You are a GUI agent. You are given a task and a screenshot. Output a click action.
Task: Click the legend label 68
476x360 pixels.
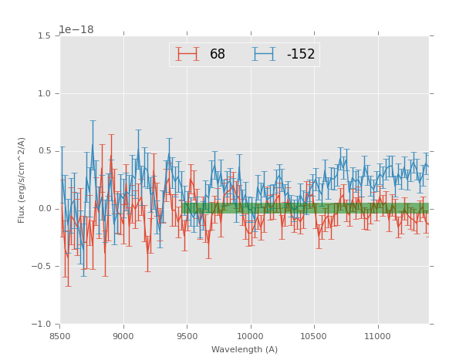pos(218,55)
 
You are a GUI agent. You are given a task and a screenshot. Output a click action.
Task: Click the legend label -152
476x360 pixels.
pos(301,55)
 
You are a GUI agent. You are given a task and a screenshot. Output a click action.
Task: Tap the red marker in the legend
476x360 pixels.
pos(187,55)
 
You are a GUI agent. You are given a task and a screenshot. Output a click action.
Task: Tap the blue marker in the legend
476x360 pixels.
pos(264,55)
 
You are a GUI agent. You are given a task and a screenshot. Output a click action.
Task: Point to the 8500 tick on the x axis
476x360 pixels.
pos(60,336)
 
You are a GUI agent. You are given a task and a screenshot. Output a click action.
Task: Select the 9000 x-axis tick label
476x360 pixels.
pos(123,336)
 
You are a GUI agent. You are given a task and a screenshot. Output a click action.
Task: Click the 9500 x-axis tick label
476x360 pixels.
pos(187,336)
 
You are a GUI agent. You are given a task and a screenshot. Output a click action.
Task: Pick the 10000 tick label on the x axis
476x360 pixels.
pos(251,336)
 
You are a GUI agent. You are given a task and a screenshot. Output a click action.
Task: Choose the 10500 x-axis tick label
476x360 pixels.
pos(314,336)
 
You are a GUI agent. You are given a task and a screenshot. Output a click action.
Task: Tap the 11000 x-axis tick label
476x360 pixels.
pos(378,336)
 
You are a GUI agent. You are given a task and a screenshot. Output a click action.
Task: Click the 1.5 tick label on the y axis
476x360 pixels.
pos(44,36)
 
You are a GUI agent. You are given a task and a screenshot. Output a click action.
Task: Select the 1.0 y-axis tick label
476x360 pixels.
pos(44,94)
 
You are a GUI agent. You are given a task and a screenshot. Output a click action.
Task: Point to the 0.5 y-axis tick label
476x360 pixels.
pos(44,151)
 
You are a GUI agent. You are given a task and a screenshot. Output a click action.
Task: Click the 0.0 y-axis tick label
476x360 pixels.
pos(44,209)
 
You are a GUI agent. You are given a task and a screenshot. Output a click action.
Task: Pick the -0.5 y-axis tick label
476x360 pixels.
pos(42,267)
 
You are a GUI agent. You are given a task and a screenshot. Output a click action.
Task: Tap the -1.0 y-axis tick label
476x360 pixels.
pos(42,325)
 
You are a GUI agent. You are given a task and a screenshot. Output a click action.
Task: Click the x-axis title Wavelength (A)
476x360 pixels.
pos(245,349)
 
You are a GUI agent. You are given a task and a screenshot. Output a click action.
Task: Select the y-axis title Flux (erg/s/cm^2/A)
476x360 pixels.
pos(22,180)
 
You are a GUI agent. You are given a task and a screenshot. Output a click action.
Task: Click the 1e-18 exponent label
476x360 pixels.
pos(76,29)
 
